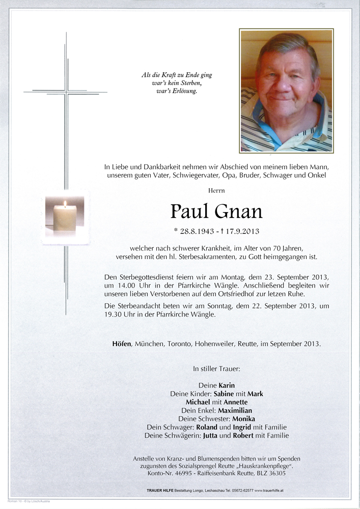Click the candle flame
click(x=65, y=204)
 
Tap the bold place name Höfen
click(x=122, y=344)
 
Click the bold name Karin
click(x=227, y=385)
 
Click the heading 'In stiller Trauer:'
click(x=216, y=367)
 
